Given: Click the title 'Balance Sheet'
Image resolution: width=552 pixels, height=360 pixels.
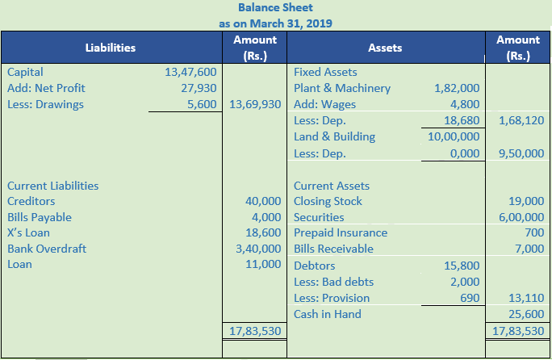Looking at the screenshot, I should tap(275, 8).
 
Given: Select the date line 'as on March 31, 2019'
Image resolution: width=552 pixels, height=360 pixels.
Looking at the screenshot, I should tap(275, 23).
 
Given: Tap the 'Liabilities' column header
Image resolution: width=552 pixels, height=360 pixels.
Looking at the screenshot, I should tap(111, 48).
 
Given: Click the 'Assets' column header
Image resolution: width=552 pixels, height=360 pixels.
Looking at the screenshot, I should tap(385, 48).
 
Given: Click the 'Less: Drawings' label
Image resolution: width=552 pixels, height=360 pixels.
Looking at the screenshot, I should tap(45, 104).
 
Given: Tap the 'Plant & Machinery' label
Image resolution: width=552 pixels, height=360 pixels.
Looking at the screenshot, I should tap(342, 88).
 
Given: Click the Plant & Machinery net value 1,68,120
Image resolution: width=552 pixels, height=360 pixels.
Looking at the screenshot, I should tap(521, 120).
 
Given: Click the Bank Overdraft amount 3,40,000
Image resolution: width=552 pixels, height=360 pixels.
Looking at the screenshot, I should tap(255, 249).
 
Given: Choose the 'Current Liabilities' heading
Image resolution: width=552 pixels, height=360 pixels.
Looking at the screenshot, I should tap(52, 185).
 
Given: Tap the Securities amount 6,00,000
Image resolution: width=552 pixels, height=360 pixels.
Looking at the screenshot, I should tap(521, 217).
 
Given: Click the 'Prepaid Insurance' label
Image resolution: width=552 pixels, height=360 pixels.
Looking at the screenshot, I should tap(341, 232).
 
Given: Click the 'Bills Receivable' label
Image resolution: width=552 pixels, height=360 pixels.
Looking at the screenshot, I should tap(333, 249).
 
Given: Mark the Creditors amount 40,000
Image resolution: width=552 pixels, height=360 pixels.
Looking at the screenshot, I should tap(263, 201).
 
